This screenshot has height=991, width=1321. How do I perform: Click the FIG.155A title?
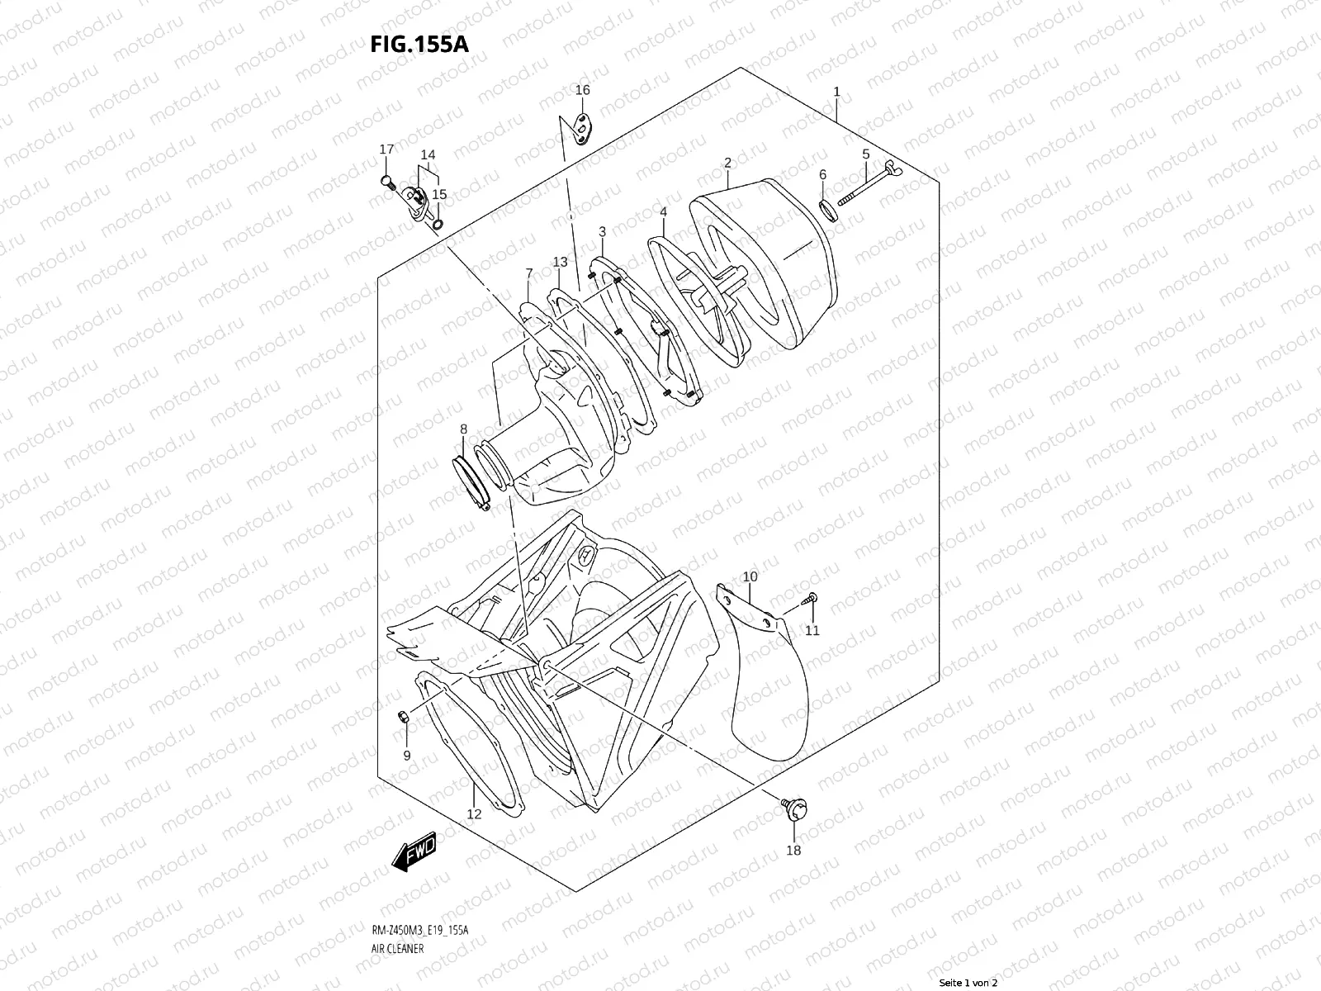(419, 44)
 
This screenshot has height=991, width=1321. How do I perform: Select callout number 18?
(793, 850)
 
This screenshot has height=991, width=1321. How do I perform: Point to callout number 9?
(406, 755)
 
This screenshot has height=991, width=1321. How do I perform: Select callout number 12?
(473, 814)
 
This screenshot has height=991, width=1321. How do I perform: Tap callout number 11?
(812, 631)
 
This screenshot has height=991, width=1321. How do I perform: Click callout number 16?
(583, 89)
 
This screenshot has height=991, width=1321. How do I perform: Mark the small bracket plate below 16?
(581, 128)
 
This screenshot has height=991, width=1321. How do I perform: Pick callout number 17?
(386, 149)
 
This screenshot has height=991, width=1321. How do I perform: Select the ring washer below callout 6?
(830, 210)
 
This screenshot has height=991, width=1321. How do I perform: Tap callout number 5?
(866, 154)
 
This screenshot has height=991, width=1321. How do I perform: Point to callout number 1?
(836, 92)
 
